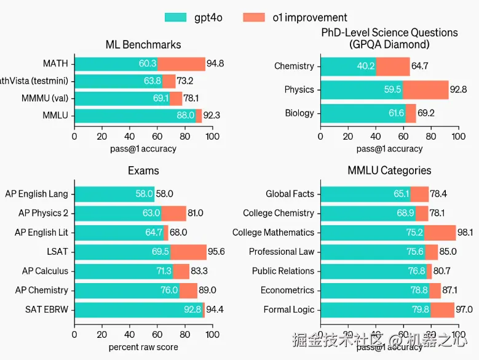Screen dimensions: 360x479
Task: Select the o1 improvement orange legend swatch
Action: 254,17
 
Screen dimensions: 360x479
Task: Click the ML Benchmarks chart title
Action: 143,44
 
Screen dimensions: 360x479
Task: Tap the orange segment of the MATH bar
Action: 181,63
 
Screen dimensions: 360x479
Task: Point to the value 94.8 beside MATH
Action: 215,63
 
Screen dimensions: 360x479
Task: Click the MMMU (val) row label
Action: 45,98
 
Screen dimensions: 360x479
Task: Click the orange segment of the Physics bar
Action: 426,90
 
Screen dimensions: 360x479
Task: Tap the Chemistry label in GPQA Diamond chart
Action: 294,66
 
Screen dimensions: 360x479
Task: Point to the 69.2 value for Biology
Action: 426,113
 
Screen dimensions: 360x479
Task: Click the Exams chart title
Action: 143,170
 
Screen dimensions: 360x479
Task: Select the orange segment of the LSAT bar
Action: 188,252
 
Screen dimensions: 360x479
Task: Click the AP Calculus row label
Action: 45,271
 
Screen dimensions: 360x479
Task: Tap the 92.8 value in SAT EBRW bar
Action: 192,310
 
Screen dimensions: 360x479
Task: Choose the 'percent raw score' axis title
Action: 143,347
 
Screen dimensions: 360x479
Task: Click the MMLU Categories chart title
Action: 389,170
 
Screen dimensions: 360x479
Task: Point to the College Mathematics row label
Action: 273,233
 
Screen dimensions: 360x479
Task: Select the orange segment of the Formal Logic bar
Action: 442,310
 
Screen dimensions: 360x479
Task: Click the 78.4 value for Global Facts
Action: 438,194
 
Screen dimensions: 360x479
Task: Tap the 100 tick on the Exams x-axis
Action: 212,335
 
